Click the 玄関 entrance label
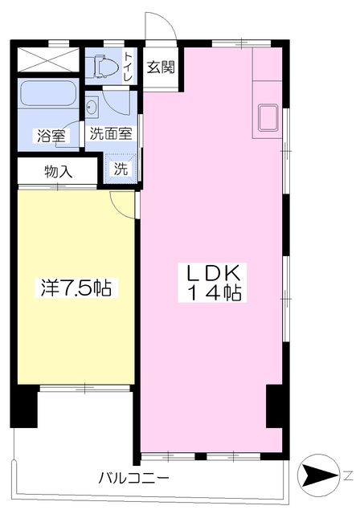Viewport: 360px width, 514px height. coord(161,67)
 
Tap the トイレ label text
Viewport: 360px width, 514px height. coord(128,67)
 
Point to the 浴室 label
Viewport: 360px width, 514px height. coord(50,136)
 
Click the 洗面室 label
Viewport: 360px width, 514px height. coord(111,135)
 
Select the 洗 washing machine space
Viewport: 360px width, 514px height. coord(121,169)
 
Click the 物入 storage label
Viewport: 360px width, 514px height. coord(58,171)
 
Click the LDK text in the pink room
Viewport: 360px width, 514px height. coord(211,271)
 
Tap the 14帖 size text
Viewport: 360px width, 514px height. coord(211,293)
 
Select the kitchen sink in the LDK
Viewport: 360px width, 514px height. coord(267,118)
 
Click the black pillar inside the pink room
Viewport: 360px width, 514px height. coord(276,406)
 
